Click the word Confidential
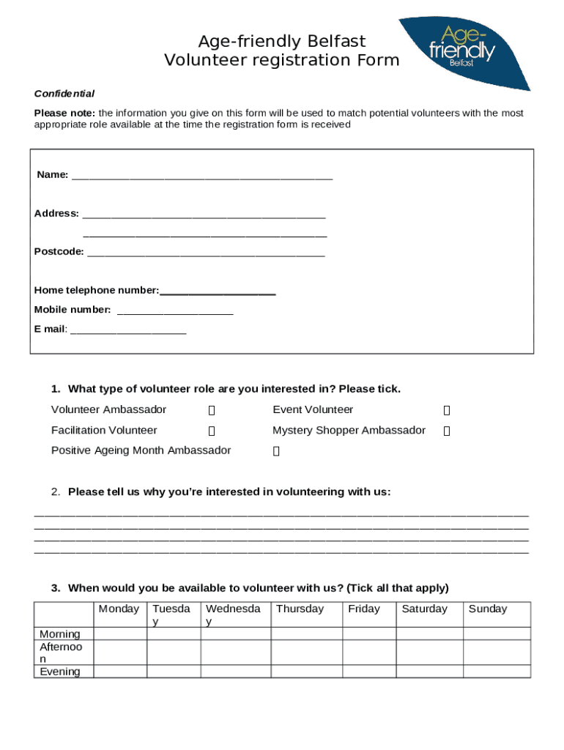point(64,94)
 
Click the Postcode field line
point(206,253)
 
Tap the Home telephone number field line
point(218,292)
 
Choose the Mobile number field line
point(175,311)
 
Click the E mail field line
point(128,330)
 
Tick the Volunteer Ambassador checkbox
point(212,411)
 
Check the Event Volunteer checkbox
point(446,411)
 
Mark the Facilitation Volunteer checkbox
point(212,431)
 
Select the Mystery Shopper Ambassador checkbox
point(446,431)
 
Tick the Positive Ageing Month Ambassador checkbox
point(276,452)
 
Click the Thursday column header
point(300,609)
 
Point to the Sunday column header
point(487,609)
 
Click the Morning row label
point(60,634)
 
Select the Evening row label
point(60,672)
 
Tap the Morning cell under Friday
point(369,634)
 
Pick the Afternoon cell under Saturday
point(429,653)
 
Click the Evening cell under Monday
point(121,672)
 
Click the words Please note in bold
point(64,113)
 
